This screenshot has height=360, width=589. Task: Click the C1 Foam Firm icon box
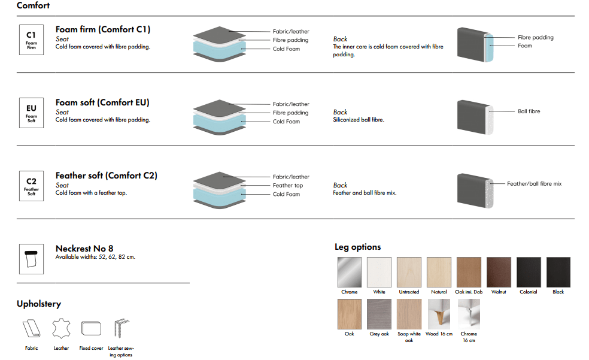coord(31,40)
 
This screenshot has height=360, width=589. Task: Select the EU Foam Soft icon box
coord(31,113)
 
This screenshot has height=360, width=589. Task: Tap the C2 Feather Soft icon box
coord(31,186)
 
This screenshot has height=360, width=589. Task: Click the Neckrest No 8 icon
coord(31,259)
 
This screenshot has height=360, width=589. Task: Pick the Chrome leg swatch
coord(350,272)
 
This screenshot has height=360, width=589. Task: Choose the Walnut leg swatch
coord(499,272)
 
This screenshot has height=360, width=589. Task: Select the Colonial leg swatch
coord(529,272)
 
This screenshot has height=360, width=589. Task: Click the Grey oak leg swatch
coord(379,314)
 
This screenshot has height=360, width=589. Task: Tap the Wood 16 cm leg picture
coord(439,314)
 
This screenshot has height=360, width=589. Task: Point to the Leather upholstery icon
coord(61,328)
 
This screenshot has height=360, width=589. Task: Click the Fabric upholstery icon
coord(32,328)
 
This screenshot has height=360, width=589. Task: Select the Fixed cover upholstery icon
coord(91,328)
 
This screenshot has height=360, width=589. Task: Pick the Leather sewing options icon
coord(122,328)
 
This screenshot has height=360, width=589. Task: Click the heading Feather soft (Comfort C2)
coord(107,176)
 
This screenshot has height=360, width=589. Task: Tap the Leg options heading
coord(357,247)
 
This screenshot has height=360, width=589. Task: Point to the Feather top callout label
coord(288,185)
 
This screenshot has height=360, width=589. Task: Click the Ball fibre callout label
coord(529,111)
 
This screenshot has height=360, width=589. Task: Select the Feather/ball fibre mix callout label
coord(534,184)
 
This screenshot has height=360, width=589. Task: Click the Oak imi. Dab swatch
coord(469,272)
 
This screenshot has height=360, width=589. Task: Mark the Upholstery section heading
coord(39,304)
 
